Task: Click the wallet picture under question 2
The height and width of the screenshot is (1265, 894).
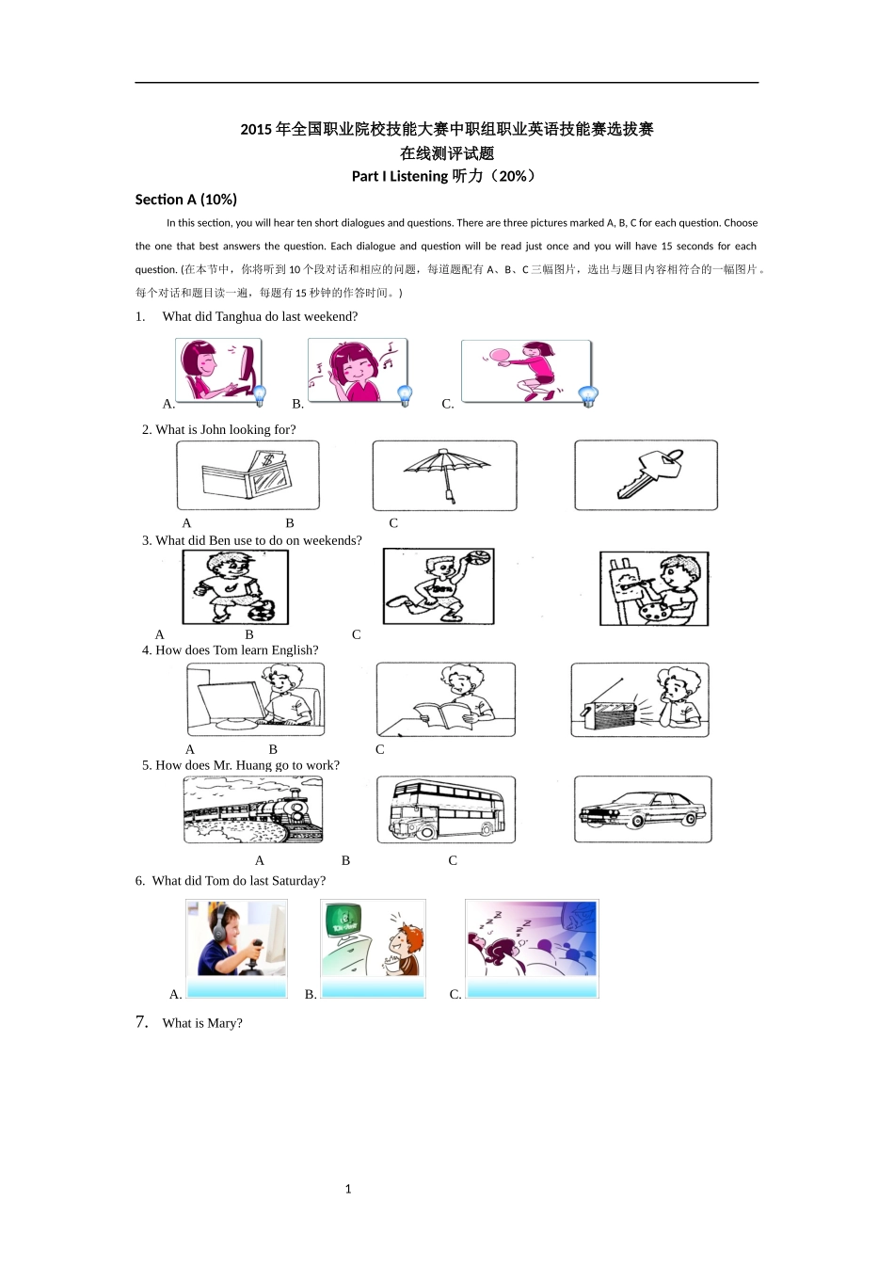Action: point(247,474)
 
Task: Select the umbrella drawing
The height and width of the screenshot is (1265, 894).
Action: point(446,473)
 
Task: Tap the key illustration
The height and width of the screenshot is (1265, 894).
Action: point(649,473)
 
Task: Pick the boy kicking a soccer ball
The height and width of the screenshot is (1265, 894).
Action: point(235,586)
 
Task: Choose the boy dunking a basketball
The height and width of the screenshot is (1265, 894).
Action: point(439,585)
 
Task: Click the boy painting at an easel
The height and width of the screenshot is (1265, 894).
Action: point(654,588)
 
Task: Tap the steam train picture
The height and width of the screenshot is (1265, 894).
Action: point(253,809)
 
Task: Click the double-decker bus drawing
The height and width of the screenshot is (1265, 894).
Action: point(446,809)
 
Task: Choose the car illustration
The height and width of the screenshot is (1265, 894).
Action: point(643,809)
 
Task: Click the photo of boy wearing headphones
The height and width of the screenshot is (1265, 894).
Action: point(236,938)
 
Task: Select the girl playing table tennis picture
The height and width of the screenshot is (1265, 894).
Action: point(526,371)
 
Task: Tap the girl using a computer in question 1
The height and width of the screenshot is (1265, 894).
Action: point(218,369)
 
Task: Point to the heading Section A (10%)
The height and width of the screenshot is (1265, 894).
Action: point(185,200)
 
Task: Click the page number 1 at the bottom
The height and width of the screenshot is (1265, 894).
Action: point(348,1189)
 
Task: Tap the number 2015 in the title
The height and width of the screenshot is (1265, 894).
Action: point(256,129)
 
